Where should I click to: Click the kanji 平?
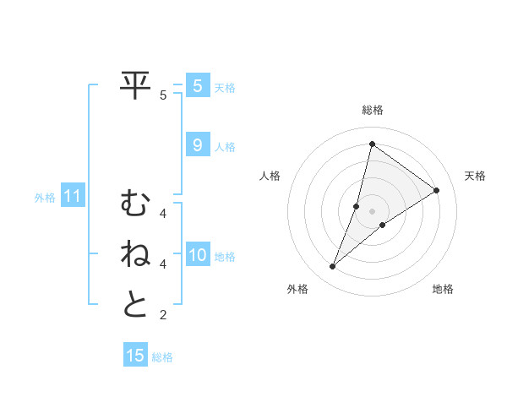[136, 86]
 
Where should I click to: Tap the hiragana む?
[135, 204]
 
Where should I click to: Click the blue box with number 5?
[197, 86]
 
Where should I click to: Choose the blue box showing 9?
[197, 145]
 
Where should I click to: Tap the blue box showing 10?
[197, 255]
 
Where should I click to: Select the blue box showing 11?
[73, 197]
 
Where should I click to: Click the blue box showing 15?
[135, 356]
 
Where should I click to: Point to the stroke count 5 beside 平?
[163, 95]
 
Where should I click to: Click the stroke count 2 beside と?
[163, 315]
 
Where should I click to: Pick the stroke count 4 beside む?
[163, 214]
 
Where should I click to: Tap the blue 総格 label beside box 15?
[162, 357]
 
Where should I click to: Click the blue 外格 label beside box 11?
[45, 198]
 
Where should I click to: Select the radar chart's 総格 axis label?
[372, 110]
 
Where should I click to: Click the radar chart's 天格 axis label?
[475, 176]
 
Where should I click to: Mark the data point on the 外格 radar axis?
[332, 267]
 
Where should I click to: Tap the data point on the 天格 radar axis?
[437, 190]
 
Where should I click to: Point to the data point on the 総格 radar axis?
[372, 144]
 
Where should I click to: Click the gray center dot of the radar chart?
[372, 211]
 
